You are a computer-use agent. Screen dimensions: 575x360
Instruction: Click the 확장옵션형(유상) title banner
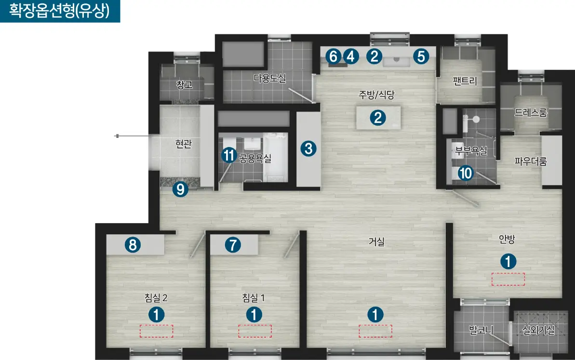pos(60,11)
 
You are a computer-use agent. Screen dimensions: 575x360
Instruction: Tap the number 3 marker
pos(308,149)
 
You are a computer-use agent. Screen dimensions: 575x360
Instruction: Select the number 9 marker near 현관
pos(180,189)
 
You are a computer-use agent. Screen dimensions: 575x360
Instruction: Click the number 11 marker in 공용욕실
pos(229,155)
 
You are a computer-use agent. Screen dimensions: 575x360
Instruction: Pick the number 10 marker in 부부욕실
pos(466,173)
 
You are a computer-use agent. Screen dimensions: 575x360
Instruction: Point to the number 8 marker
pos(133,245)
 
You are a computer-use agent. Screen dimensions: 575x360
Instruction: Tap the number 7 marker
pos(233,245)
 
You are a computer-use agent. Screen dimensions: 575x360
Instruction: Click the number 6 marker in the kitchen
pos(334,56)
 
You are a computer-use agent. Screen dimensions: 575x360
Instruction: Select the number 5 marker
pos(421,56)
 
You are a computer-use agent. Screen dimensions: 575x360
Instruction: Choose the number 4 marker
pos(351,56)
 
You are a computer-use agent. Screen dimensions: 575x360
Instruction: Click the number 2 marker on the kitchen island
pos(378,118)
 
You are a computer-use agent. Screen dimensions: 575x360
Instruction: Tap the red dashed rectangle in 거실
pos(375,331)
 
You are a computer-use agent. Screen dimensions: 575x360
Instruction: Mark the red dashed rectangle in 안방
pos(508,279)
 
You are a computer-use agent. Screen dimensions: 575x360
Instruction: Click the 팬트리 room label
pos(465,80)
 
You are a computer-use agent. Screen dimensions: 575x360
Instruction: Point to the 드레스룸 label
pos(531,113)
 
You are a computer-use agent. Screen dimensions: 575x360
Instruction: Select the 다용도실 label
pos(269,78)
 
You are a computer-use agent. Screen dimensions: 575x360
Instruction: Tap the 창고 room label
pos(185,85)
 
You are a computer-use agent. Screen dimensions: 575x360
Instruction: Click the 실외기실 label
pos(538,330)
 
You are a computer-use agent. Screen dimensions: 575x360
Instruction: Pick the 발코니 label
pos(481,330)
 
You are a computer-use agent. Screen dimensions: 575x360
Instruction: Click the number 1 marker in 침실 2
pos(157,315)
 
